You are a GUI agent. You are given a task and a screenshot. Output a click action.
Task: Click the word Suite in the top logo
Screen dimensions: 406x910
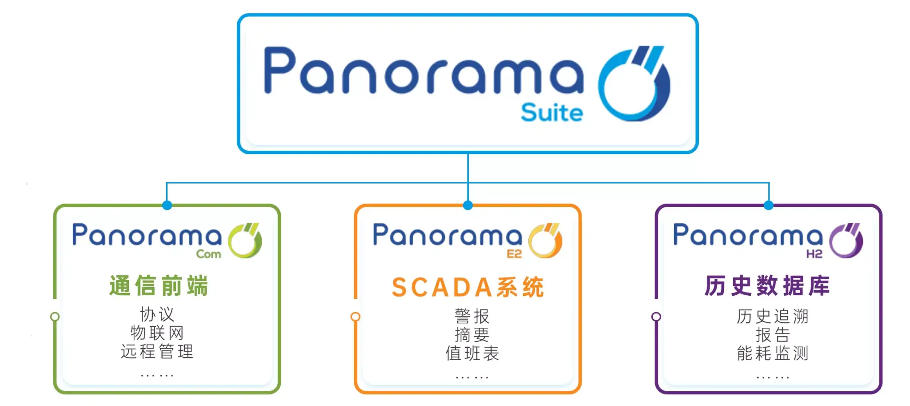coord(551,113)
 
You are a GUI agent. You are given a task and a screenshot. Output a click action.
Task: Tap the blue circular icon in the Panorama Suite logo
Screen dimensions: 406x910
coord(633,84)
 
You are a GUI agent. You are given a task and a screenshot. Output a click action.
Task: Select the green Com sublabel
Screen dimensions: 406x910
coord(208,254)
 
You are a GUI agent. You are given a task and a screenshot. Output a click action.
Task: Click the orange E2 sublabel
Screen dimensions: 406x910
coord(514,254)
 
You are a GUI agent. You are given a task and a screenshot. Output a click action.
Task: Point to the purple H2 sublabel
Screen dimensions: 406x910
coord(814,254)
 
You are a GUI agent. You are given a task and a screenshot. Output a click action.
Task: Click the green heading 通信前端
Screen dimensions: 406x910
coord(159,285)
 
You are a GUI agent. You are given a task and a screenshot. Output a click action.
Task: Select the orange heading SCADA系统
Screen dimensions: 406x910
coord(468,287)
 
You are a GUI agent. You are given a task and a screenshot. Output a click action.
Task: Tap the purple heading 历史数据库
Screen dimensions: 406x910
coord(767,285)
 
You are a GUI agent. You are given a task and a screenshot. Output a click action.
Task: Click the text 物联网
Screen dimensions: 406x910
coord(157,333)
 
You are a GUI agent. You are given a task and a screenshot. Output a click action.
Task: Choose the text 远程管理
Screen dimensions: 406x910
coord(157,351)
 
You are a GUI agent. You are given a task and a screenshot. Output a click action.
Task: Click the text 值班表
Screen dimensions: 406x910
coord(472,354)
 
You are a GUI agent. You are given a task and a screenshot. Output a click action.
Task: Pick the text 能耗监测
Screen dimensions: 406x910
coord(773,354)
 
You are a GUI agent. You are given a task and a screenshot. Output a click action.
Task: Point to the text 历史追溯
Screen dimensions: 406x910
coord(773,317)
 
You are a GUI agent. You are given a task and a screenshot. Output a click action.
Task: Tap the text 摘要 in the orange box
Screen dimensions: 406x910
coord(472,335)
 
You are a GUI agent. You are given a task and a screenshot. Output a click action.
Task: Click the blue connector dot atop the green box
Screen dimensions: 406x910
coord(167,205)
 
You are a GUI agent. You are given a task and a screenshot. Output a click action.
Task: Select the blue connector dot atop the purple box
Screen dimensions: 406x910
coord(769,205)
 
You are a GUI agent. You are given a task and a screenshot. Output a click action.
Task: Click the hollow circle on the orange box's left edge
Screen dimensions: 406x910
coord(355,317)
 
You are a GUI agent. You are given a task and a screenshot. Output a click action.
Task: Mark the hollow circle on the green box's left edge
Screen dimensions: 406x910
coord(55,317)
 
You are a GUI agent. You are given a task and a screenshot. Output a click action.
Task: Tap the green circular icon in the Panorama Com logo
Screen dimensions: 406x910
coord(244,241)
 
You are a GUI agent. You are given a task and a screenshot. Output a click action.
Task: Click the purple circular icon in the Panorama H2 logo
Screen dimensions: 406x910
coord(846,241)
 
